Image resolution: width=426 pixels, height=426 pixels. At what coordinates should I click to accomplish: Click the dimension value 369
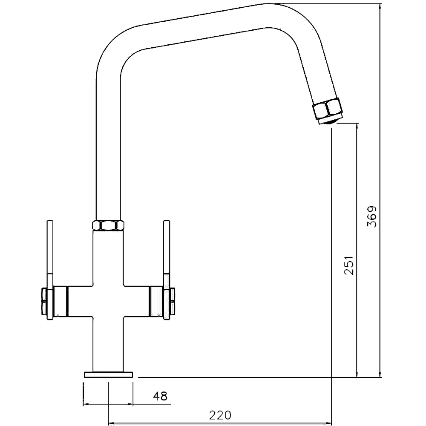[372, 217]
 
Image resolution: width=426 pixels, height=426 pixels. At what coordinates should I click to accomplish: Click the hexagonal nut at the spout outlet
[327, 109]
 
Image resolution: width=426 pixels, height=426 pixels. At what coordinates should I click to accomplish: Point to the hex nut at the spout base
[108, 225]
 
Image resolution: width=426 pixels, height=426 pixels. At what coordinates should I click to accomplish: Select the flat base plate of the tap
[109, 375]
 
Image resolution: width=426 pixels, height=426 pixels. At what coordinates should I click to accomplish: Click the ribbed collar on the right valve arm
[155, 302]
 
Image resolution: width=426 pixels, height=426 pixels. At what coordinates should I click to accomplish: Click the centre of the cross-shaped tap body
[108, 302]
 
